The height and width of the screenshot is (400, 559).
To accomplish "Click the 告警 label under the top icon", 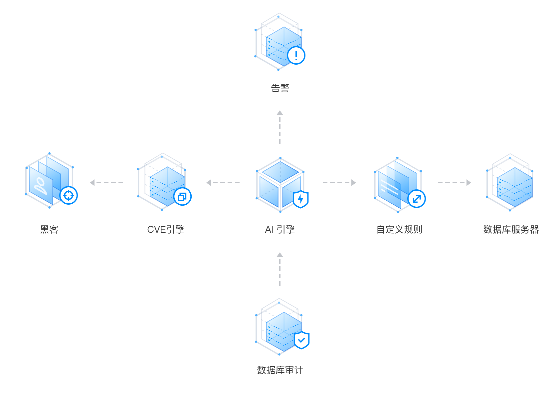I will tap(280, 88).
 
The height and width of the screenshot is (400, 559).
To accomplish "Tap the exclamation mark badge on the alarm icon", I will tap(296, 55).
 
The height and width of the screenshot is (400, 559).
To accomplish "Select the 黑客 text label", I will tap(49, 229).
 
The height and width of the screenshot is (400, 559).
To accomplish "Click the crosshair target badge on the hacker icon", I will tap(69, 195).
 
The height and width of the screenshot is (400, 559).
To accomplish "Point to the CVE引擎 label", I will tap(166, 229).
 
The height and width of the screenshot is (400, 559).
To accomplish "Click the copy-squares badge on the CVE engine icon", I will tap(182, 197).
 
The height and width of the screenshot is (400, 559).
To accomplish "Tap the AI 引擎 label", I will tap(280, 229).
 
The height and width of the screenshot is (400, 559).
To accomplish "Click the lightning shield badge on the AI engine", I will tap(301, 199).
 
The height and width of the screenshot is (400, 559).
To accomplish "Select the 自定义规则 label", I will tap(399, 229).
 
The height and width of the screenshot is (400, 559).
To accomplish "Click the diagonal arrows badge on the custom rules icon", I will tap(417, 199).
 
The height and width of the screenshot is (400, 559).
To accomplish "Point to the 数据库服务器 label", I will tap(511, 229).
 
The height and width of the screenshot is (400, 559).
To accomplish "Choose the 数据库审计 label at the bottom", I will tap(280, 370).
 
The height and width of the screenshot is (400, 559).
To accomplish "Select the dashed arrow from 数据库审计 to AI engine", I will tap(280, 269).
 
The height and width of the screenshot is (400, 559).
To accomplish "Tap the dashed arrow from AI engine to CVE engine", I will tap(223, 183).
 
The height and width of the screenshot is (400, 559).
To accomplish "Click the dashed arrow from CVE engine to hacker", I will tap(106, 183).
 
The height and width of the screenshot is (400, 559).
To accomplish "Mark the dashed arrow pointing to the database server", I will tap(455, 183).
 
